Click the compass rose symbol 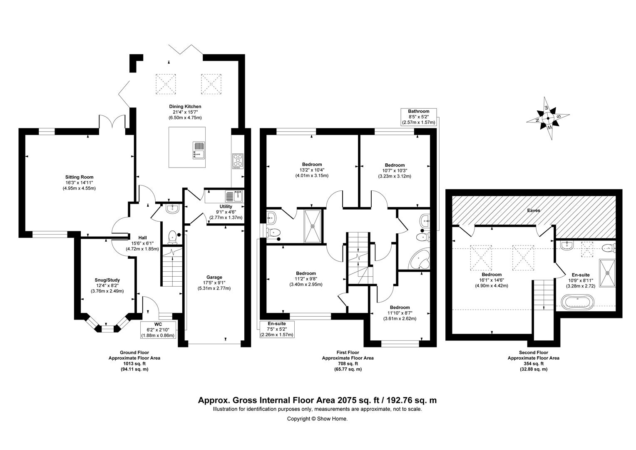[x=548, y=118]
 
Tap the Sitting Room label [x=79, y=177]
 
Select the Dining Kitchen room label [x=185, y=106]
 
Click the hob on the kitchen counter [x=238, y=161]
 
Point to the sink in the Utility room [x=234, y=196]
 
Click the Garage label [x=214, y=277]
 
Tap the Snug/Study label [x=107, y=280]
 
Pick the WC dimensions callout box [x=158, y=330]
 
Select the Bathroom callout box [x=418, y=117]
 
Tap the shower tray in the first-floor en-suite [x=313, y=226]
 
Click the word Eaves [x=533, y=211]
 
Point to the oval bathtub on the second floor [x=578, y=302]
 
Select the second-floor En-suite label [x=581, y=275]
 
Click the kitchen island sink [x=199, y=150]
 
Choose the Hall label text [x=142, y=237]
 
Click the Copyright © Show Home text [x=317, y=418]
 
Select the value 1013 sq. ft [x=134, y=364]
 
